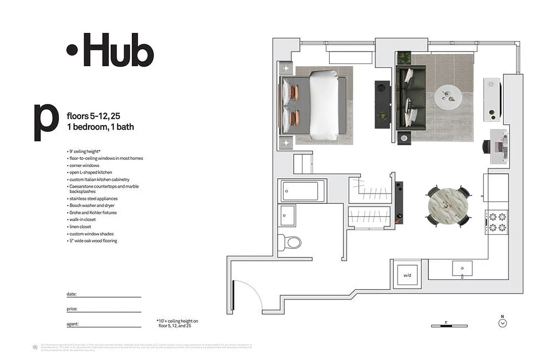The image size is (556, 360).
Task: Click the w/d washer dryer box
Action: pos(407,275)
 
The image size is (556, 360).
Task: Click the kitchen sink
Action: pos(462,268)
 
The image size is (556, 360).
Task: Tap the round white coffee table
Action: pos(448,96)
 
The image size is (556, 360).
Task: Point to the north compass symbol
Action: pos(503,322)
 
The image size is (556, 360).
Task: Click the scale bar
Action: pos(446,325)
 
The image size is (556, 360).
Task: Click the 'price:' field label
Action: pos(72,309)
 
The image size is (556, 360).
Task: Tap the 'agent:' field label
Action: pos(72,324)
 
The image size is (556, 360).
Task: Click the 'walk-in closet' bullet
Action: pos(82,220)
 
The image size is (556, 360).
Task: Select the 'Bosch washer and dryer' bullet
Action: pos(92,206)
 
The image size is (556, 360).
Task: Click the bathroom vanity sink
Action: pos(287,215)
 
